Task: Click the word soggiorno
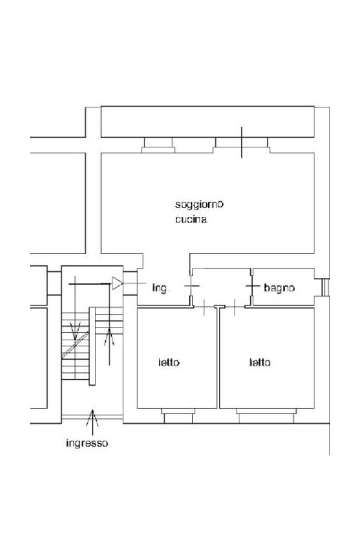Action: (199, 205)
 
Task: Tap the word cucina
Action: (191, 219)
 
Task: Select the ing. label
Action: (160, 288)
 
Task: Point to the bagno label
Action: (279, 288)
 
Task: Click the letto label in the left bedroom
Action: (169, 363)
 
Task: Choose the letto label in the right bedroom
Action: (260, 363)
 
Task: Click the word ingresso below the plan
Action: (87, 443)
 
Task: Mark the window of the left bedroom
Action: (178, 417)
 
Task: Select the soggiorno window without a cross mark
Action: (158, 144)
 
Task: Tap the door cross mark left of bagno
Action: (253, 287)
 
